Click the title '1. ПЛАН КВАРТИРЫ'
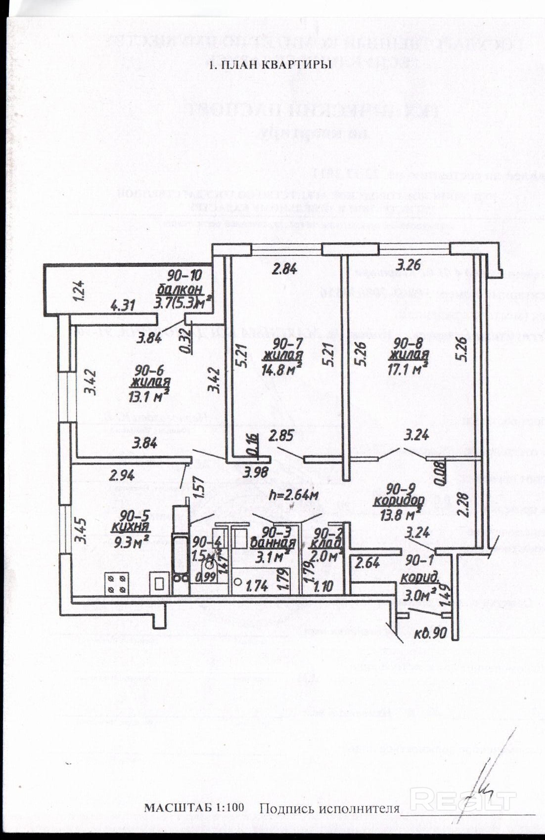point(270,65)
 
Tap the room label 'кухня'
point(130,527)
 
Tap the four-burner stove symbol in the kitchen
point(117,584)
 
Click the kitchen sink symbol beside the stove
point(160,584)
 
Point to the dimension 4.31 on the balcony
point(123,306)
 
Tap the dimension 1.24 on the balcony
point(80,291)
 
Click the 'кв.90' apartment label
point(430,633)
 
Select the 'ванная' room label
point(273,544)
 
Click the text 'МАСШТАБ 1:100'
point(194,808)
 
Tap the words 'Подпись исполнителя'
point(329,809)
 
